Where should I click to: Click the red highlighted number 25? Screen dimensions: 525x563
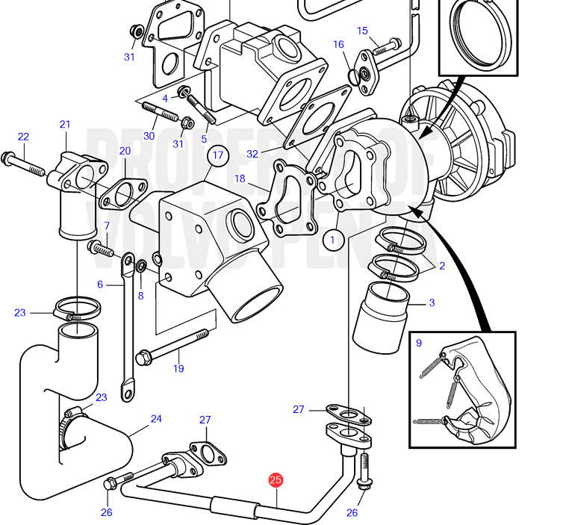[276, 480]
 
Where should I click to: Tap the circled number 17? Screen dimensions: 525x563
[218, 155]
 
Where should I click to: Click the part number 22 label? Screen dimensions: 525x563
[23, 137]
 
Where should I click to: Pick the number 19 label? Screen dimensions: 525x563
[178, 368]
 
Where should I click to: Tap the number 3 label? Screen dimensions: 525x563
[431, 302]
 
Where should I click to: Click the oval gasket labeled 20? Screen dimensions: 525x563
[123, 193]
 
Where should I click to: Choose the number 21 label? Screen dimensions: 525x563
[65, 124]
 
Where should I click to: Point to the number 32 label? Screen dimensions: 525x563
[252, 154]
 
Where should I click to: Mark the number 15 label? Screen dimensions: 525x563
[362, 31]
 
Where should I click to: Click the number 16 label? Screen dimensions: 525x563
[338, 44]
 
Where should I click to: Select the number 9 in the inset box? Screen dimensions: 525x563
[419, 343]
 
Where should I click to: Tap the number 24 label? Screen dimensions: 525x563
[156, 418]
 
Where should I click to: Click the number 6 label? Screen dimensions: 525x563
[100, 284]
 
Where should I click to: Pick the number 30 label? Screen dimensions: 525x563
[149, 135]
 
